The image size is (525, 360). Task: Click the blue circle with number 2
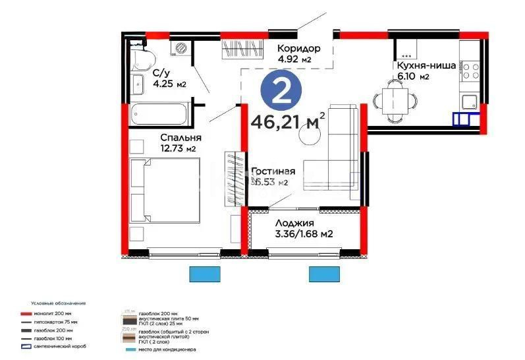[281, 92]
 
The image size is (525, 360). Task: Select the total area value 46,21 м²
[288, 121]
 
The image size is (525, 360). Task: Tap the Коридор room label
[298, 49]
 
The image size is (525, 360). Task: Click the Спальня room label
[180, 138]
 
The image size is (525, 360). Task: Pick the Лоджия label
[293, 223]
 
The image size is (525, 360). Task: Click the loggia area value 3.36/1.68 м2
[303, 233]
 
